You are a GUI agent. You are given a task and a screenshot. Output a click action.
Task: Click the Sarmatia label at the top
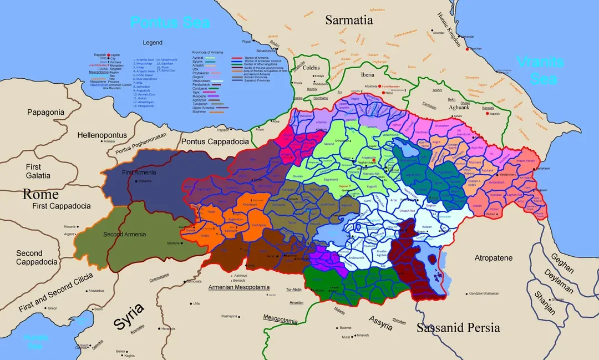coord(349,20)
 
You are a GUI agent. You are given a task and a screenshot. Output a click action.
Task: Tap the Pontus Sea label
coord(170,23)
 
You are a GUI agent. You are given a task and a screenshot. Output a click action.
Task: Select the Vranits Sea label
coord(540,70)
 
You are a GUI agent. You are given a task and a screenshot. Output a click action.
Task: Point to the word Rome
coord(40,194)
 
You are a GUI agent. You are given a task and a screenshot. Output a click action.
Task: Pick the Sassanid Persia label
coord(458,327)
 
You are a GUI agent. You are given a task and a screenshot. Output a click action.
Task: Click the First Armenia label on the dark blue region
coord(139,173)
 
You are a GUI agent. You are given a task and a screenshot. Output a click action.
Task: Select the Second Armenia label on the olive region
coord(124,234)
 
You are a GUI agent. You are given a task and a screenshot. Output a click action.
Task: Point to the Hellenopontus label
coord(102,135)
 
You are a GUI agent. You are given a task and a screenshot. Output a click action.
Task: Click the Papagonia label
coord(45,112)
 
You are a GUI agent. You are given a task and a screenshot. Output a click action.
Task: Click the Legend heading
coord(152,43)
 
